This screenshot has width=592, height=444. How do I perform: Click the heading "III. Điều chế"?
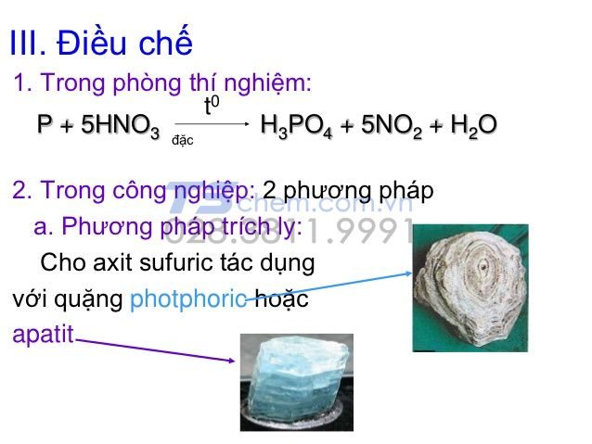coord(100,44)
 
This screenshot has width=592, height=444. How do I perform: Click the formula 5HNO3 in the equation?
coord(120,126)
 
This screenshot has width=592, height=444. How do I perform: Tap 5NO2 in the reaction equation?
coord(381,126)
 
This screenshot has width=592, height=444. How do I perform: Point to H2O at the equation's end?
coord(473,126)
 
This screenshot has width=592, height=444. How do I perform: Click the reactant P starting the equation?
coord(45,125)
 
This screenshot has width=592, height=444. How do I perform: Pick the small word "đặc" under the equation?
coord(182,141)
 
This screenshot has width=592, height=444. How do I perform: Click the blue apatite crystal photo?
coord(296,381)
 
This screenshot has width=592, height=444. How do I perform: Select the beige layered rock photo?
coord(470,287)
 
